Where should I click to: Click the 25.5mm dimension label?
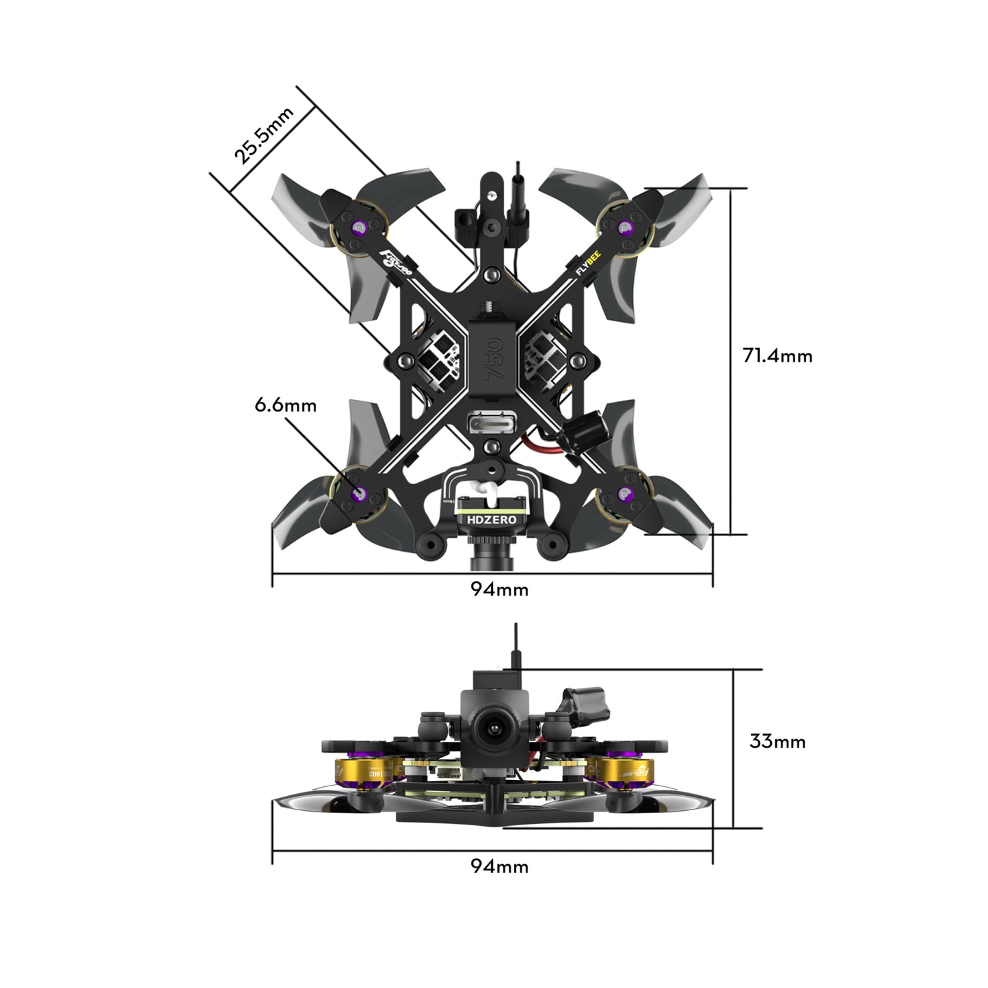[263, 135]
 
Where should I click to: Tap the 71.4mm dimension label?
[777, 356]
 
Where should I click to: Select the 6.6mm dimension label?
[285, 405]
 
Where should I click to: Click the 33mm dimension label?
[777, 741]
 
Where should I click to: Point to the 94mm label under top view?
[499, 589]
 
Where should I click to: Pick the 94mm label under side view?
[499, 866]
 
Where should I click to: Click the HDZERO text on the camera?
[492, 520]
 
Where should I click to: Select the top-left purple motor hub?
[358, 228]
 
